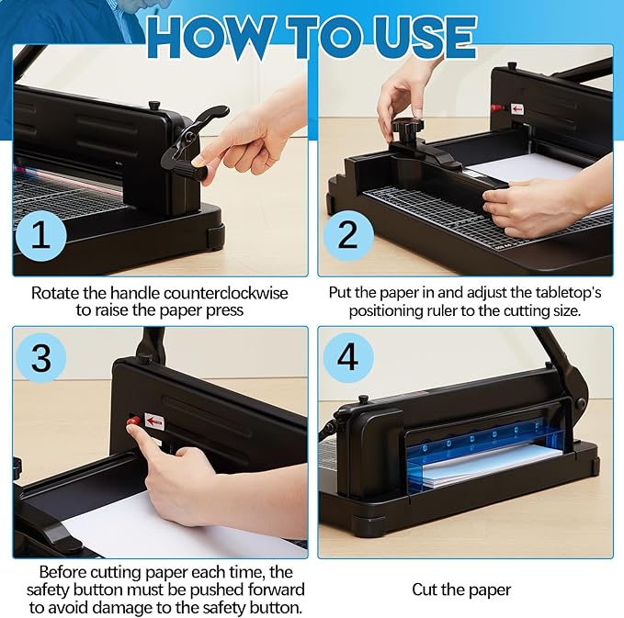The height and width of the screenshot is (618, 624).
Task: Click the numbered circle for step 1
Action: (x=41, y=236)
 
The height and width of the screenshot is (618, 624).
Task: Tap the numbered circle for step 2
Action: (x=347, y=236)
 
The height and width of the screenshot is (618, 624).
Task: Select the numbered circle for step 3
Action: (x=41, y=357)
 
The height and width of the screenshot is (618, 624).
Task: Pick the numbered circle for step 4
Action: (x=347, y=357)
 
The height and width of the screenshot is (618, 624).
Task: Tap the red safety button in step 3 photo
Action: (x=134, y=421)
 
